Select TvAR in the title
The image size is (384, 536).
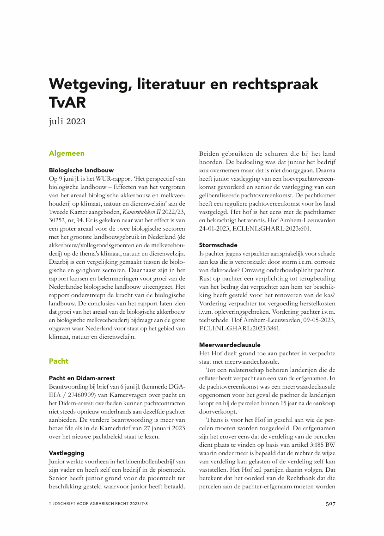click(67, 103)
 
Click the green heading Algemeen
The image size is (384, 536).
click(67, 153)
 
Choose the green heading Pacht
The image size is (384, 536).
click(59, 361)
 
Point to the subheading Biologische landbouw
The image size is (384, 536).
click(81, 170)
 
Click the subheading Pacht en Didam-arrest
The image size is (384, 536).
click(82, 378)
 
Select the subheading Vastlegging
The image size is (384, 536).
click(67, 453)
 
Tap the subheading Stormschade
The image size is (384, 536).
click(218, 245)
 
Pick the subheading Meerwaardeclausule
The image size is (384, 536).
click(230, 345)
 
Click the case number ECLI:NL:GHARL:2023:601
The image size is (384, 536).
click(274, 228)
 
